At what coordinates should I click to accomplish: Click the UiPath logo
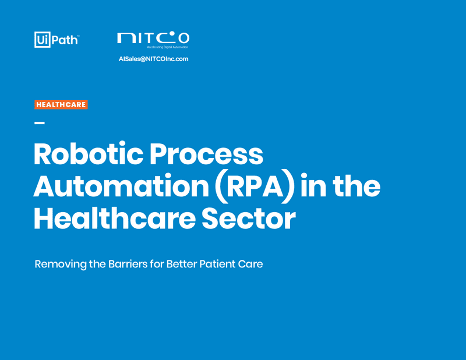pyautogui.click(x=57, y=40)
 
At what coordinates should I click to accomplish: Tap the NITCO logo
pyautogui.click(x=153, y=40)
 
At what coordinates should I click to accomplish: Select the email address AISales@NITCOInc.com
pyautogui.click(x=153, y=59)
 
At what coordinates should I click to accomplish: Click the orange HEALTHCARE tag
pyautogui.click(x=61, y=105)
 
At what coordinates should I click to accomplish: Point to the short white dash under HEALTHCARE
pyautogui.click(x=40, y=122)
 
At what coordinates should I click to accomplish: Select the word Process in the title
pyautogui.click(x=206, y=154)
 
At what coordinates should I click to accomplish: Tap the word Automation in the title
pyautogui.click(x=121, y=186)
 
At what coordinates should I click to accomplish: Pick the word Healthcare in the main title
pyautogui.click(x=115, y=218)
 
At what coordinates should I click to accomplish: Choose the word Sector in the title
pyautogui.click(x=249, y=219)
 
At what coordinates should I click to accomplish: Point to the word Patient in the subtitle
pyautogui.click(x=214, y=264)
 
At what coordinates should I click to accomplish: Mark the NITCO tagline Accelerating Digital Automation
pyautogui.click(x=168, y=47)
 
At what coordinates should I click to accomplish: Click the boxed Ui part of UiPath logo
pyautogui.click(x=43, y=40)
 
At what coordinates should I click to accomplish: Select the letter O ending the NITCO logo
pyautogui.click(x=183, y=38)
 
